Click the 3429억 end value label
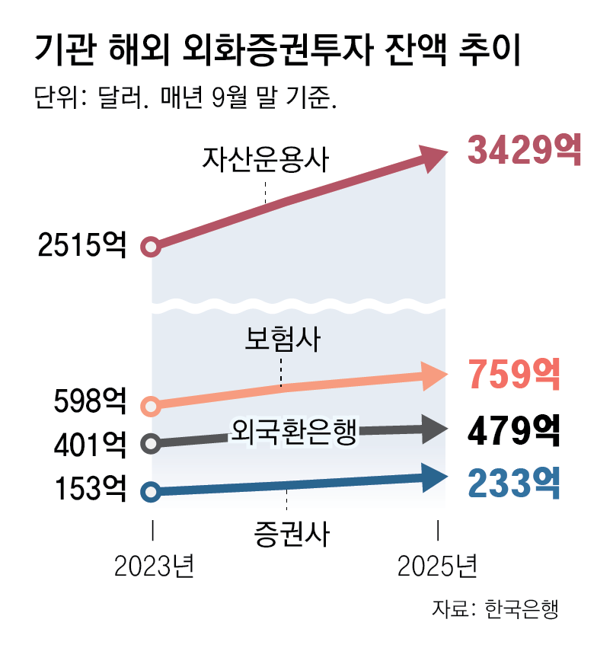point(524,149)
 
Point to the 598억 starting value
point(90,401)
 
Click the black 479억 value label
point(514,431)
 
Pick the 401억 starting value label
point(90,443)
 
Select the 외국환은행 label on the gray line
point(292,433)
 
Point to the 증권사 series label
point(291,532)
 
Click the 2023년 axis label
point(155,567)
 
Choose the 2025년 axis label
point(438,567)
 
